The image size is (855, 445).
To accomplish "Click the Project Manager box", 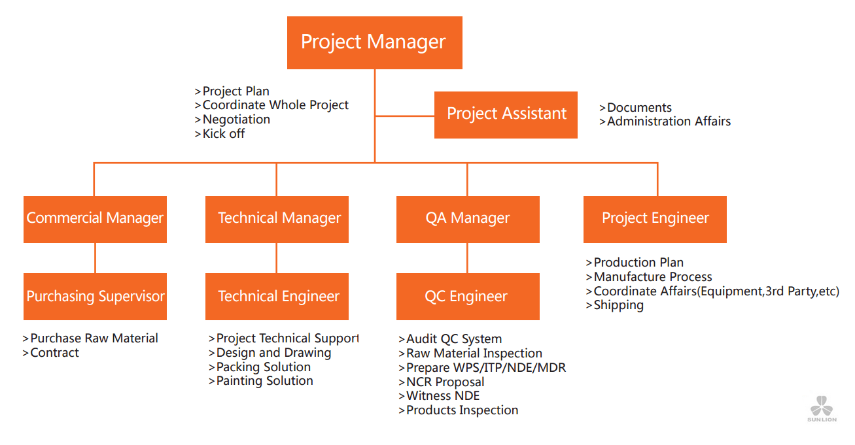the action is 374,42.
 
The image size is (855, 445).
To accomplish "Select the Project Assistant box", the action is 506,115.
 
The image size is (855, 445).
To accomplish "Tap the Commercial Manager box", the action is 95,220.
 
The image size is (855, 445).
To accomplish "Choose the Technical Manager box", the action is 277,220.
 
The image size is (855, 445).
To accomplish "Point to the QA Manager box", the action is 468,220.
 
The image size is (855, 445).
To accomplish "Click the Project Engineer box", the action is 655,220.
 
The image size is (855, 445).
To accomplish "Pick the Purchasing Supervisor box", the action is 95,296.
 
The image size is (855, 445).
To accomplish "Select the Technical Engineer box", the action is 277,296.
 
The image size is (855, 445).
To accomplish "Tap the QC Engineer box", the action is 468,296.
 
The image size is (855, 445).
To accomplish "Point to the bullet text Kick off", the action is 220,134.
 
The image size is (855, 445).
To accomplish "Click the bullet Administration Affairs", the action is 665,122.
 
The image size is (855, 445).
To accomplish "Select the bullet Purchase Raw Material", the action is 90,338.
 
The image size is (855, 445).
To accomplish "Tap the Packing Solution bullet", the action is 260,367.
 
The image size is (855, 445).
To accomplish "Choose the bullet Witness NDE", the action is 439,396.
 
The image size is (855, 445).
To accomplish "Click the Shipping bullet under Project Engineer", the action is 614,305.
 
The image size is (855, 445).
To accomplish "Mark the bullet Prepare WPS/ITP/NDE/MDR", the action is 482,368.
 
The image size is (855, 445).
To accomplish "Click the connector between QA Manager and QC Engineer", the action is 467,258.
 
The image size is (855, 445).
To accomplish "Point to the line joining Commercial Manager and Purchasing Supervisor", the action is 95,258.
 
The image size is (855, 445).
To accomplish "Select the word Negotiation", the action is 236,120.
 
